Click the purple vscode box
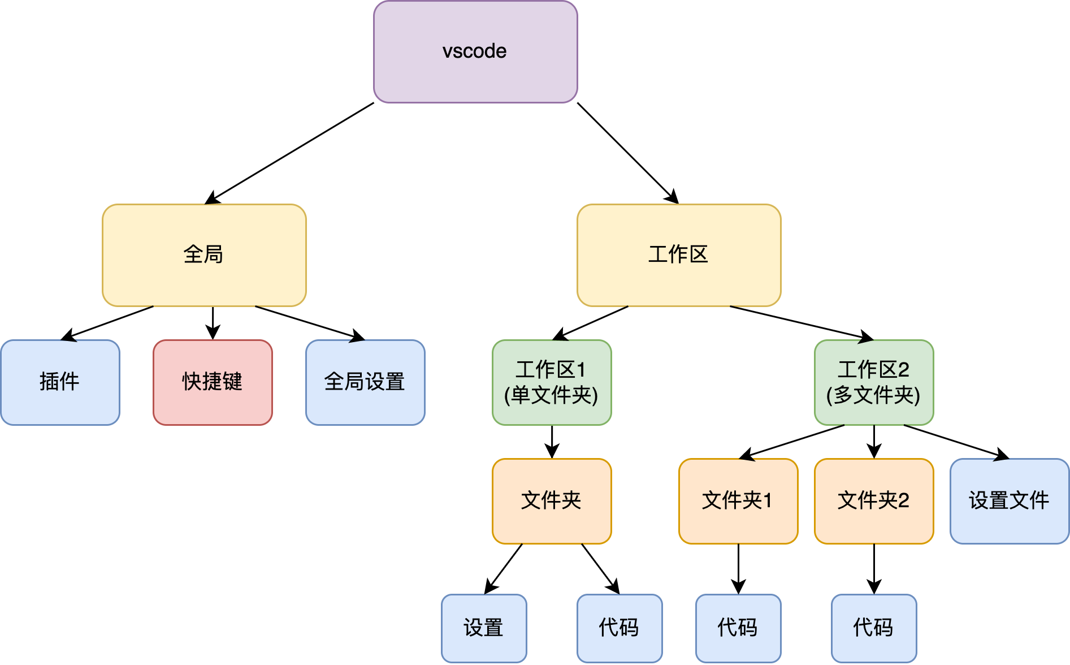point(475,52)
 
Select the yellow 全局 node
point(204,255)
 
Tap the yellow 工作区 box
point(679,255)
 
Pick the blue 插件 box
point(60,382)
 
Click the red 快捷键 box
point(213,382)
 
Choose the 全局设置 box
point(365,382)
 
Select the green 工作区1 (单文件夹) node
point(552,382)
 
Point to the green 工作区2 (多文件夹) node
point(874,382)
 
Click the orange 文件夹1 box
point(738,501)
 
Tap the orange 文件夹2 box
point(874,501)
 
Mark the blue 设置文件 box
point(1010,501)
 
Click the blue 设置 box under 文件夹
point(484,628)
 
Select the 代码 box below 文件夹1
point(738,628)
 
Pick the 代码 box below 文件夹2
point(874,628)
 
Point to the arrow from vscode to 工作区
point(627,153)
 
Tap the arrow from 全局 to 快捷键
point(213,322)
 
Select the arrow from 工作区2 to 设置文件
point(955,441)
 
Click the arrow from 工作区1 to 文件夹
point(552,441)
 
